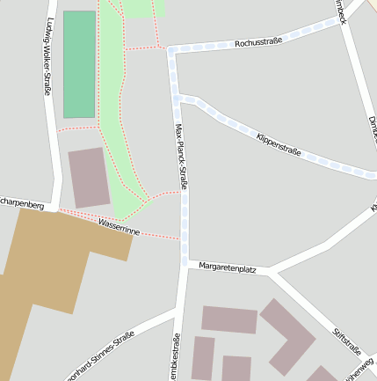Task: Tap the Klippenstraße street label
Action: (279, 145)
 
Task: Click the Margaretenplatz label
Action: (227, 267)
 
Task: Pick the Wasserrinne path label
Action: (119, 227)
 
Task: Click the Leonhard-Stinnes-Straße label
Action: (101, 355)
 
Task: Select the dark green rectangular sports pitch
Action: (79, 64)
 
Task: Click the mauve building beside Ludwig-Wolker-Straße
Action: (89, 178)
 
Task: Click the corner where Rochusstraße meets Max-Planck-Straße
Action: (171, 51)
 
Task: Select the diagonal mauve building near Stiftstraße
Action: (287, 335)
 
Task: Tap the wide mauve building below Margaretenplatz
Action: (229, 319)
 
